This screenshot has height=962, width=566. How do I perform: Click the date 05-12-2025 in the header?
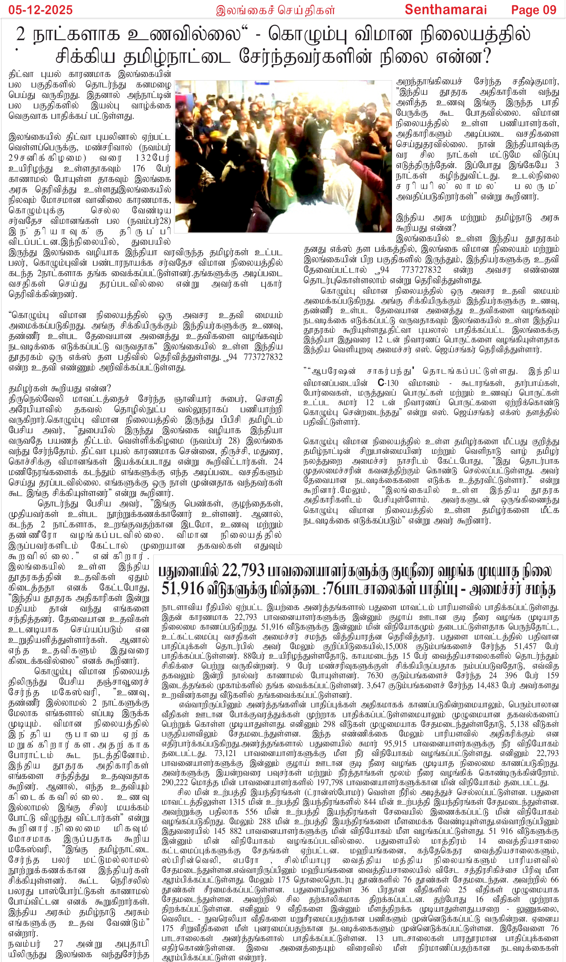click(x=40, y=10)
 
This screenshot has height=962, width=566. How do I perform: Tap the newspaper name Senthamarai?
click(x=446, y=10)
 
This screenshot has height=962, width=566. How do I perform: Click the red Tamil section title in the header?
click(x=275, y=10)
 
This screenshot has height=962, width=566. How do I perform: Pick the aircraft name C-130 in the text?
click(x=388, y=383)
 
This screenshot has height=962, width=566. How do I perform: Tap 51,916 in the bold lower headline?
click(x=182, y=589)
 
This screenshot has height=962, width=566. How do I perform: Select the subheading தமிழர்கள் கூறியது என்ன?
click(x=60, y=388)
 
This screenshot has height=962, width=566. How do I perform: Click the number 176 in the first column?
click(x=138, y=168)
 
